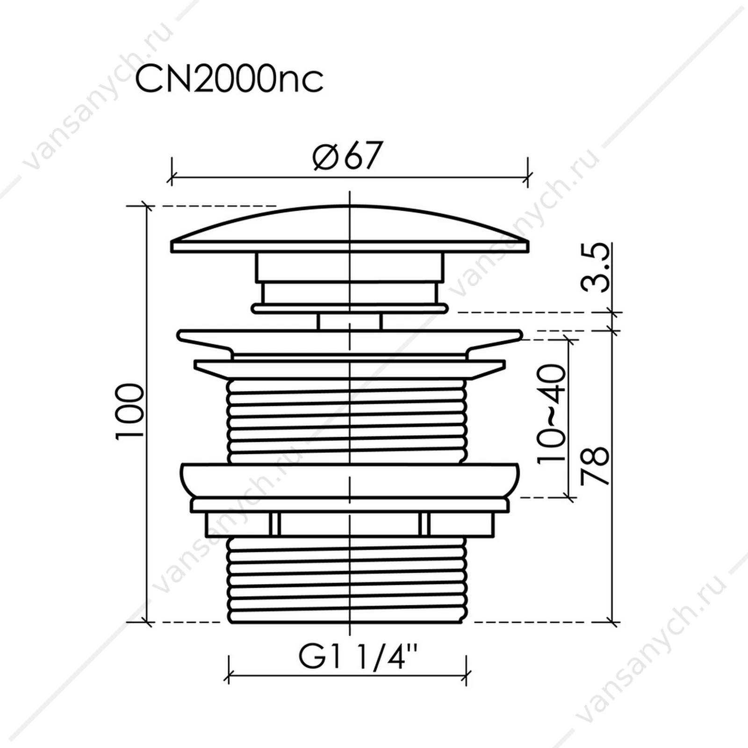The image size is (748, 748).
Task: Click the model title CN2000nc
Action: coord(229,80)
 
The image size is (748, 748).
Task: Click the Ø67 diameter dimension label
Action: coord(348,155)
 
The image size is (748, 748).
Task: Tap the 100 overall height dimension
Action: coord(129,411)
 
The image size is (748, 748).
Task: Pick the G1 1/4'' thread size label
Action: coord(358,658)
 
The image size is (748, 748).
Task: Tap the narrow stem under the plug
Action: coord(350,322)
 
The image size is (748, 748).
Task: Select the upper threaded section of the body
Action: coord(346,421)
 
